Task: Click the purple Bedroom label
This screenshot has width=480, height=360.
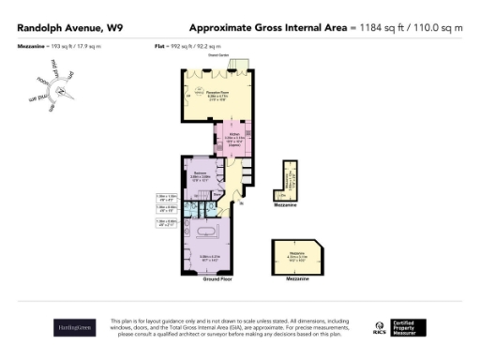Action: [200, 174]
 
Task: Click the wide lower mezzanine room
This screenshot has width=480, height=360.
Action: [295, 253]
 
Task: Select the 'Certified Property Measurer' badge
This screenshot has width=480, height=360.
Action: [409, 327]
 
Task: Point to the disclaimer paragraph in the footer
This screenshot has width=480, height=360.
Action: [231, 327]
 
